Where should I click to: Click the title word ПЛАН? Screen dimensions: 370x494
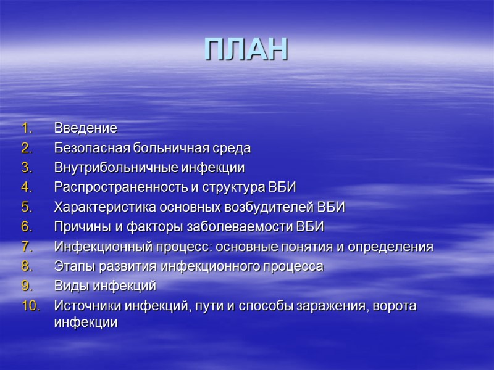246,50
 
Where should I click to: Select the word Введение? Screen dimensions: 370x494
85,128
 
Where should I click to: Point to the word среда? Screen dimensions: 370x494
233,148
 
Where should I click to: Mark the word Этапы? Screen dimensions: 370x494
72,266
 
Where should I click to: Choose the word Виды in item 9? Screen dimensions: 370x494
69,286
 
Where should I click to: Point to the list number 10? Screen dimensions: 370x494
30,306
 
